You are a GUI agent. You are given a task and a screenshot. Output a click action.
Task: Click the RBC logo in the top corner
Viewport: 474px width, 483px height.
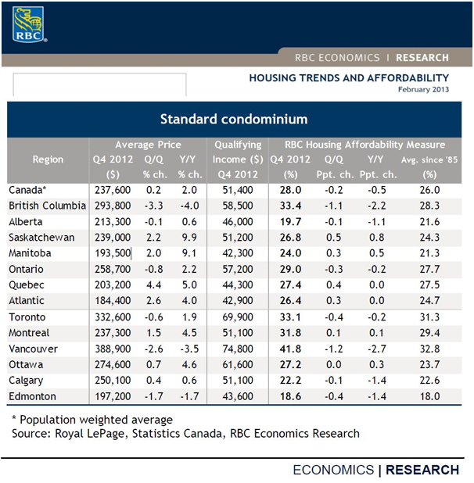(x=29, y=24)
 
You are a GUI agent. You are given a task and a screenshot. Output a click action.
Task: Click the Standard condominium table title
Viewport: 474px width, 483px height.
(x=234, y=120)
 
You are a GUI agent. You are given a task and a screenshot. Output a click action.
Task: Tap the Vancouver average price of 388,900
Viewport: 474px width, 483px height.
(x=113, y=349)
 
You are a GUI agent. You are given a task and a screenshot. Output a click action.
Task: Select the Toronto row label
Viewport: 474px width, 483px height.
(x=27, y=317)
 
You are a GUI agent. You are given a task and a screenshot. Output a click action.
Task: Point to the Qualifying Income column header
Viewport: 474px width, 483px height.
(x=238, y=159)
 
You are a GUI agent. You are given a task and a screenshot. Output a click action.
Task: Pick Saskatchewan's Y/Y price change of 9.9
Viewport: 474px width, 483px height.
(x=189, y=238)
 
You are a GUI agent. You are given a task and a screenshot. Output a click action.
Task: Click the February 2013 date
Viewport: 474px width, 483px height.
(x=423, y=90)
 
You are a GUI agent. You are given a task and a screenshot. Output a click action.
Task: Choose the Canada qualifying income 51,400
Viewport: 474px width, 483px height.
(x=238, y=190)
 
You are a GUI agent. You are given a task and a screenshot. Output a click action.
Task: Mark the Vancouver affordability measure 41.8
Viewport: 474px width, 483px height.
(x=290, y=349)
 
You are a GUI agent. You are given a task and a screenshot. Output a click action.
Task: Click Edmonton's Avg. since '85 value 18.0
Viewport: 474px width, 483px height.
(x=429, y=396)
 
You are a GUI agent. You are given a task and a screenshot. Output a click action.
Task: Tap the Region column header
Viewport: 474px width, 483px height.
(x=48, y=159)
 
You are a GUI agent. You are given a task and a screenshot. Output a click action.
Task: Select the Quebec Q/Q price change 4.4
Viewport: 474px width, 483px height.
(x=153, y=284)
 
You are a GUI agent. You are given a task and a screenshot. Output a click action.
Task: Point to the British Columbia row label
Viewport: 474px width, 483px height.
(x=48, y=206)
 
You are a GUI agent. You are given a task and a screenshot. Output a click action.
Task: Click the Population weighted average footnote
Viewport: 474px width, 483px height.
(x=92, y=420)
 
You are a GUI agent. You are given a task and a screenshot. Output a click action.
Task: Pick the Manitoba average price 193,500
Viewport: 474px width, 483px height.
(x=113, y=253)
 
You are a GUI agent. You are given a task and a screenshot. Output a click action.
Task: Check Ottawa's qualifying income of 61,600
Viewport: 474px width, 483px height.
(x=238, y=365)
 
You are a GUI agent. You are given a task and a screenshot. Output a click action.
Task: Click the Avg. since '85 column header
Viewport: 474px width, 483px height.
(x=429, y=167)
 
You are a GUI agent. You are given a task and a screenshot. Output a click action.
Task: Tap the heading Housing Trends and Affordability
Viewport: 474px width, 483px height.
(x=349, y=78)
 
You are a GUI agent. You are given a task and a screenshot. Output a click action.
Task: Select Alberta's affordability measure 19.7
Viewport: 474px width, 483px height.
(x=290, y=222)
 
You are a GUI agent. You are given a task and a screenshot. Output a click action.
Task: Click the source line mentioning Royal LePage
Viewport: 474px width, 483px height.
(x=185, y=434)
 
